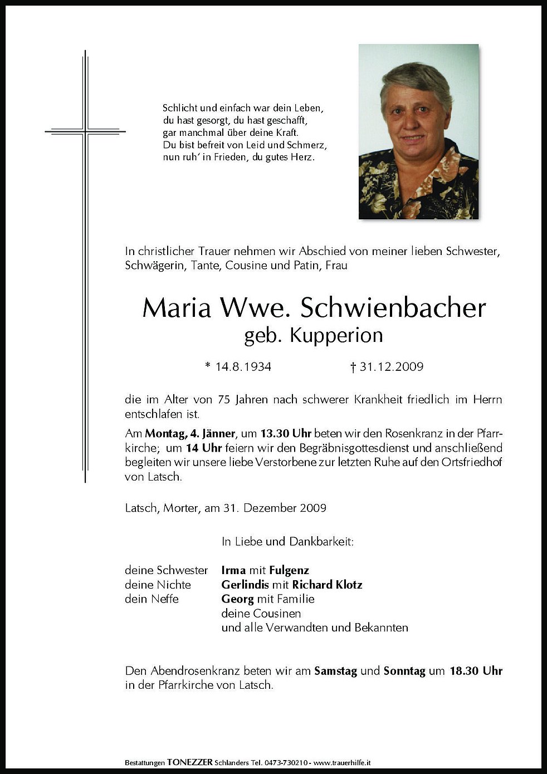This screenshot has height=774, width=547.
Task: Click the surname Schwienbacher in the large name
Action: pos(393,308)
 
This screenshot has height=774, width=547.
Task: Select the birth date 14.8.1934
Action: pos(238,366)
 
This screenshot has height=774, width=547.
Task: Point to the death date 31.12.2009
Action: pos(387,366)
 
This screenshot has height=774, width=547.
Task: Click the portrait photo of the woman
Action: pos(418,131)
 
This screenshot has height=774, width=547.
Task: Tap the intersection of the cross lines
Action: pos(85,132)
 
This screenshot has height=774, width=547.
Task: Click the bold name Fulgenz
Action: pos(289,570)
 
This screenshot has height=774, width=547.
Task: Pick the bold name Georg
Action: pos(237,599)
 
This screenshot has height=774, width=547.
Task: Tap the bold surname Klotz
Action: pos(348,585)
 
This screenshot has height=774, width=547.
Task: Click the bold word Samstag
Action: pos(335,671)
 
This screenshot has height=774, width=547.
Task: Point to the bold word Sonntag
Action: pos(404,671)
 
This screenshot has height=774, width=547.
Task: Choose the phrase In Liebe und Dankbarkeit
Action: pos(287,541)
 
